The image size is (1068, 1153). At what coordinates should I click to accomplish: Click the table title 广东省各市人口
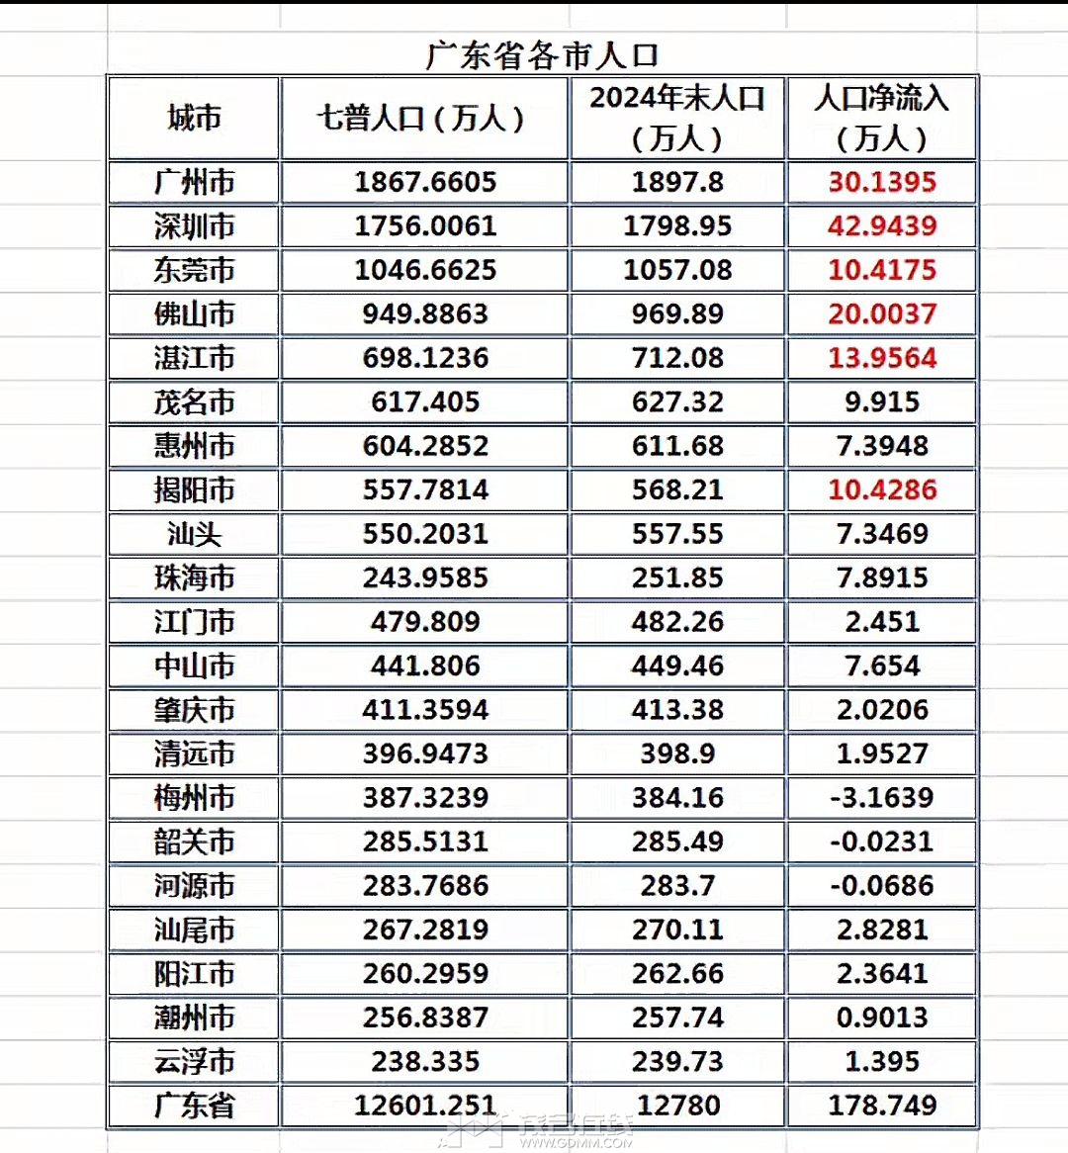point(541,55)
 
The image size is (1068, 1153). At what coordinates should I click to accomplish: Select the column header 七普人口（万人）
point(424,119)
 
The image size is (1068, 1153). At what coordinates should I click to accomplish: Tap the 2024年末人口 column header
point(677,118)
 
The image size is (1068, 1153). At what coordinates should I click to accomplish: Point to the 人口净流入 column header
point(881,118)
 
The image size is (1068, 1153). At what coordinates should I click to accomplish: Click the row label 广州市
point(194,182)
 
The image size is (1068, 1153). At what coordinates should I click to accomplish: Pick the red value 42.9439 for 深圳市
point(881,225)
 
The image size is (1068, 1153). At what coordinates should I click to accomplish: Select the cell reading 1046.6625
point(425,270)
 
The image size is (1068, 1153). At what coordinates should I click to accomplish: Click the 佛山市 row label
point(194,313)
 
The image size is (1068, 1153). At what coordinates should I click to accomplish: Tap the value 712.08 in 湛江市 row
point(677,358)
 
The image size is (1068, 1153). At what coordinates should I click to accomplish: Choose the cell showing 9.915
point(881,401)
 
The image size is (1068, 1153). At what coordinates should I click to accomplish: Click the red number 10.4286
point(881,489)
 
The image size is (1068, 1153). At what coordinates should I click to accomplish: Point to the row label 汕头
point(194,534)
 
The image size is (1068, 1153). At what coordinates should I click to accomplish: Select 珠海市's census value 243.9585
point(425,577)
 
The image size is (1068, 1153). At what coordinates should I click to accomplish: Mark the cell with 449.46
point(677,665)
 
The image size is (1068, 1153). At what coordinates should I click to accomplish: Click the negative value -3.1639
point(881,797)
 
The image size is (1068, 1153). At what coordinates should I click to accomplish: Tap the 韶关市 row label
point(194,842)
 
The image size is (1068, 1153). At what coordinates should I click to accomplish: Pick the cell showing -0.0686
point(881,885)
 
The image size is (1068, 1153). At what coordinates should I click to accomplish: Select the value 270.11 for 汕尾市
point(677,930)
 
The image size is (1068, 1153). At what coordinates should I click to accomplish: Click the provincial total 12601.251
point(425,1105)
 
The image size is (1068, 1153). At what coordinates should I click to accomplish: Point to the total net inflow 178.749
point(881,1105)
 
